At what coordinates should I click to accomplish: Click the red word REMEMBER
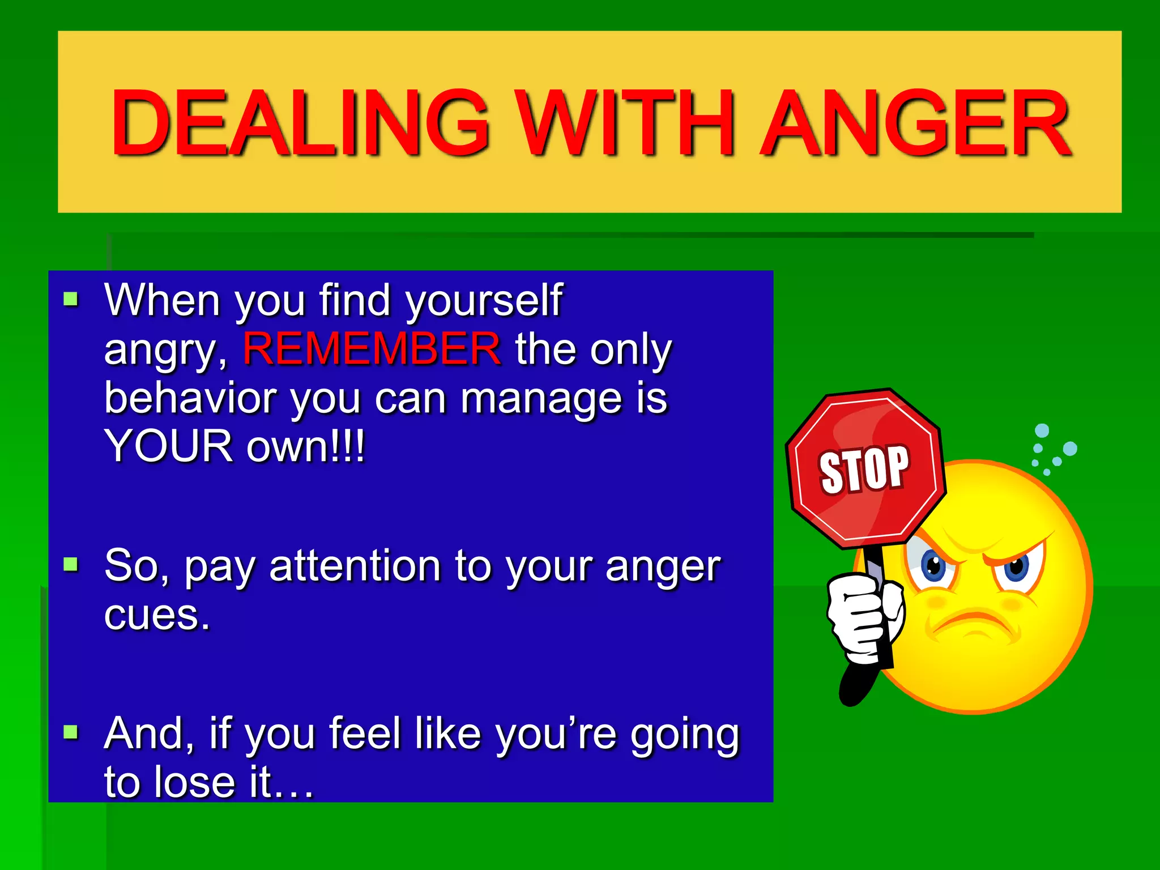click(372, 349)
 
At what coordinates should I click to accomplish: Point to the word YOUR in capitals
click(168, 446)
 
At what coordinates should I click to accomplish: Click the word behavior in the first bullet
click(190, 398)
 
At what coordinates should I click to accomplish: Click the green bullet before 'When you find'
click(71, 298)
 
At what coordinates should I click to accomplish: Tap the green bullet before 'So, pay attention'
click(71, 564)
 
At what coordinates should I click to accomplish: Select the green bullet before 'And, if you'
click(71, 732)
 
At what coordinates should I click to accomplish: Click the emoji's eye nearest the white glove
click(933, 565)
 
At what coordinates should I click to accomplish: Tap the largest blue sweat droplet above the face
click(1070, 449)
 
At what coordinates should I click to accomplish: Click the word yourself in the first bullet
click(484, 300)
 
